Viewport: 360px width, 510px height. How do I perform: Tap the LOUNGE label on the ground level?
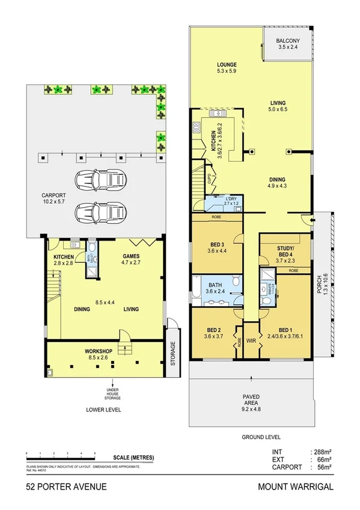point(227,64)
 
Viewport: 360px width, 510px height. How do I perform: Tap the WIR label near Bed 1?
point(249,341)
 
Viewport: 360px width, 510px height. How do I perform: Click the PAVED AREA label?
point(252,396)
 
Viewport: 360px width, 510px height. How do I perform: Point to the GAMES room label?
point(131,255)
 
